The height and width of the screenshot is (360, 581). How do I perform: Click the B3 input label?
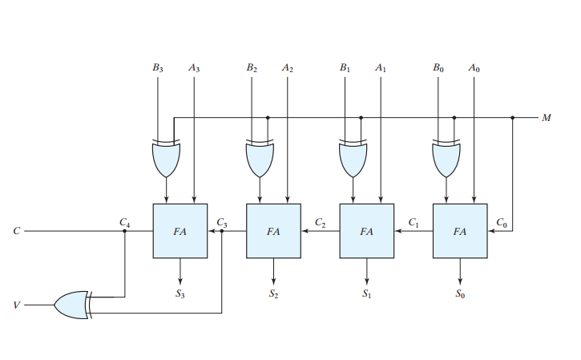pos(158,69)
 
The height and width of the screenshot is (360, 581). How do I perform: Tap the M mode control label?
pos(547,118)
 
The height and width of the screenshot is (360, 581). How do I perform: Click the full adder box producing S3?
pos(180,231)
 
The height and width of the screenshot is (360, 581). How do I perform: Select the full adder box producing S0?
pos(460,231)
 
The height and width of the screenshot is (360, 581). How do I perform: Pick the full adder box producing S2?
pos(273,231)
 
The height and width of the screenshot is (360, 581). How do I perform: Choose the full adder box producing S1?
pos(367,231)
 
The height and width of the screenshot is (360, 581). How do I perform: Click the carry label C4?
pos(124,221)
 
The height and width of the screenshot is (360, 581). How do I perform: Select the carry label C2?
pos(320,221)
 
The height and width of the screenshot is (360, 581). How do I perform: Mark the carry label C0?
pos(502,221)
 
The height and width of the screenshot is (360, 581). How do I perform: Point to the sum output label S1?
pos(367,294)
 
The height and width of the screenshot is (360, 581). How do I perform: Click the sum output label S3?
pos(180,294)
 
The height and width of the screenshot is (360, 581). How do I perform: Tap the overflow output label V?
pos(17,305)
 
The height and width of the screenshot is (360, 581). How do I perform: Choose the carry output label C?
pos(17,231)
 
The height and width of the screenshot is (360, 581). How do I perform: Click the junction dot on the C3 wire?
pos(222,231)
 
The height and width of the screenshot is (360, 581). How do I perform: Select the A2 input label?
pos(288,69)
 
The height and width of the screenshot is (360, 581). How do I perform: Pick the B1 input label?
pos(345,69)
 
